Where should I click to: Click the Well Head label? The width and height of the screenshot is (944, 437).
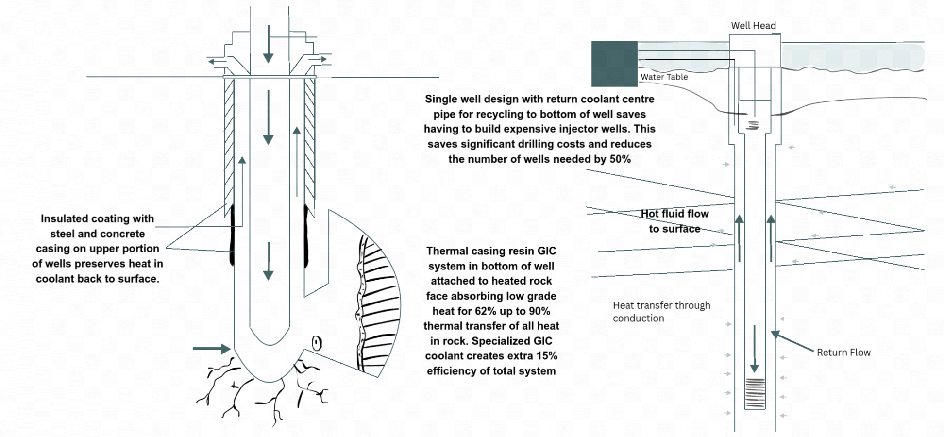point(753,26)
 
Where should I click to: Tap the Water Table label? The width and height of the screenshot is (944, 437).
point(664,77)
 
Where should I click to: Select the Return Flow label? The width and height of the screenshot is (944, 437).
point(843,353)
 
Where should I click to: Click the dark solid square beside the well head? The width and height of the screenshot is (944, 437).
point(614,64)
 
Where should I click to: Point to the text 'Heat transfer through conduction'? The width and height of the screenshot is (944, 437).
point(661,312)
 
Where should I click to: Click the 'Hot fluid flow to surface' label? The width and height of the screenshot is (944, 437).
point(674,221)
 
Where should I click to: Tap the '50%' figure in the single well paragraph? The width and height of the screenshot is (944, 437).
point(620,159)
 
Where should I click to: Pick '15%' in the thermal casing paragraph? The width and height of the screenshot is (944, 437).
point(547,356)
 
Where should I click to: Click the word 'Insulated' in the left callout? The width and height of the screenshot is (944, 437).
point(64,219)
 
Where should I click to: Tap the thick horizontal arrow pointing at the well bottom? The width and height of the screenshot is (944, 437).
point(211,349)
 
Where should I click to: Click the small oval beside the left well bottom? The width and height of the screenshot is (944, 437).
point(317,343)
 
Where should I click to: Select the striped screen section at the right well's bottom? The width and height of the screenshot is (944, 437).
point(754,393)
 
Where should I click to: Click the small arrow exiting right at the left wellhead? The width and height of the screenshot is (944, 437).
point(319,59)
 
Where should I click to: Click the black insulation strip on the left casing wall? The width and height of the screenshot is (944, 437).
point(232,235)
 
